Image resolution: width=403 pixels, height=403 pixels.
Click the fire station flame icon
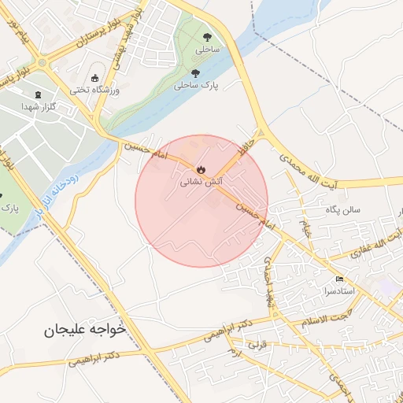(x=201, y=168)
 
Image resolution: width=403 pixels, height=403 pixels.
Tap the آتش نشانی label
(x=196, y=181)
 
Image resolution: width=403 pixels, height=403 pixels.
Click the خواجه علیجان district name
(x=85, y=331)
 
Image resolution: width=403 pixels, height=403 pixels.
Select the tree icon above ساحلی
(x=207, y=37)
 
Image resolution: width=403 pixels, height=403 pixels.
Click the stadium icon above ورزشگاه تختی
(x=95, y=78)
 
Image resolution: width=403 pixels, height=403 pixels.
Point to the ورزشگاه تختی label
(x=94, y=91)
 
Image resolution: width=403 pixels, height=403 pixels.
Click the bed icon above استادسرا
(x=340, y=279)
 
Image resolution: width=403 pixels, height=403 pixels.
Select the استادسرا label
(x=340, y=291)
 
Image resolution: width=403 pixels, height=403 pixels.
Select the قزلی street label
(x=257, y=345)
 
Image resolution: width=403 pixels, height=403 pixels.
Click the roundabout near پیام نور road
(x=41, y=62)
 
